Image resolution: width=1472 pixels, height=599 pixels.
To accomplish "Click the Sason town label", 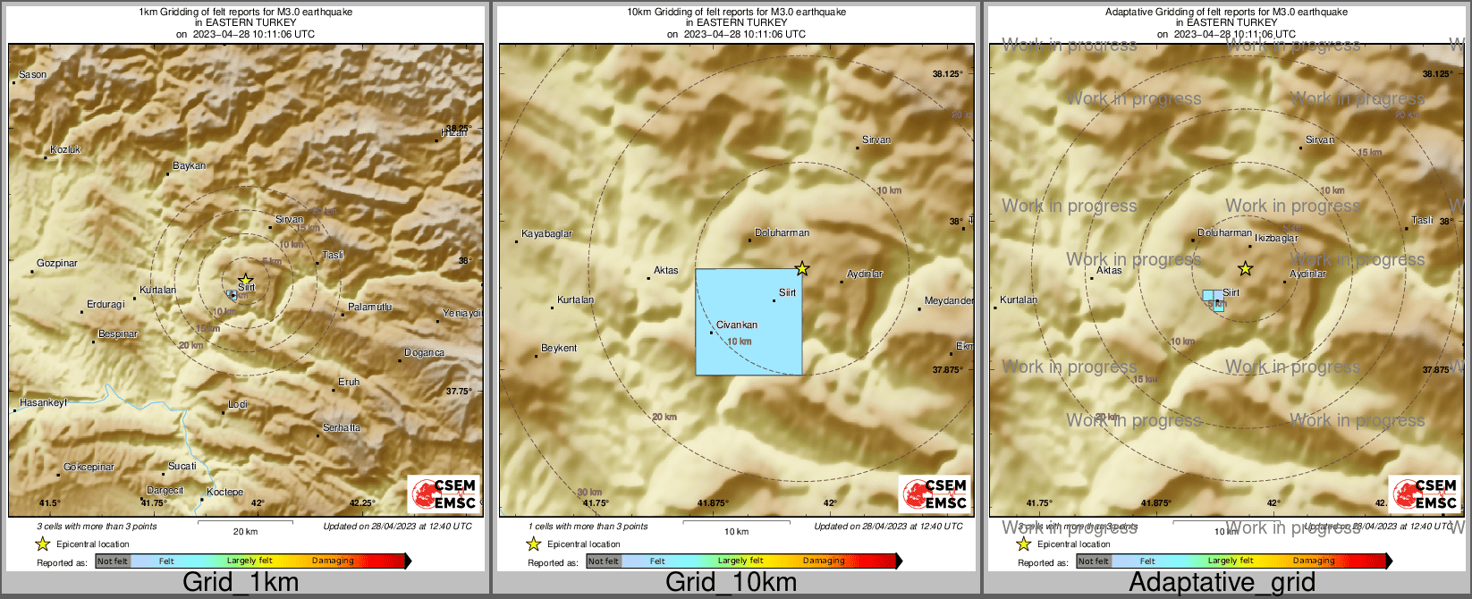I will coord(32,75).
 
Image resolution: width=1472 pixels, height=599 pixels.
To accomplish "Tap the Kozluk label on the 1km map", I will coord(65,150).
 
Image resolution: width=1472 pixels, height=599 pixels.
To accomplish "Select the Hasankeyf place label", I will coord(44,403).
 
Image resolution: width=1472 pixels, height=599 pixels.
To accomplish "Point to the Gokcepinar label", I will coord(89,468).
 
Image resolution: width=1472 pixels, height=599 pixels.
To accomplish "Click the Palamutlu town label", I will coord(369,308).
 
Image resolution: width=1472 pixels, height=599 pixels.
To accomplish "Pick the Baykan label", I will coord(190,166).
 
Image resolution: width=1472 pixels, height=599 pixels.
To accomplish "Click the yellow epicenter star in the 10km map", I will coord(802,268).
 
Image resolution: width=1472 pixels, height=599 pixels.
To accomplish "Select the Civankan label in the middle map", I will coord(737,325).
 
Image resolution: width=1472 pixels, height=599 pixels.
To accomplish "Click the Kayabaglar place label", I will coord(547,234).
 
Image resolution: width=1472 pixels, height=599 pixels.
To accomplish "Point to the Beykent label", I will coord(559,349).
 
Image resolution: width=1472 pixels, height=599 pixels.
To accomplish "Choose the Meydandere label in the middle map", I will coord(949,301).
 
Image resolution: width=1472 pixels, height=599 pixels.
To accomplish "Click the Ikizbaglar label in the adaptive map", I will coord(1276,239).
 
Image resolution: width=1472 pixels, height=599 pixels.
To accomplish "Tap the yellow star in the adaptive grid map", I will coord(1245,268).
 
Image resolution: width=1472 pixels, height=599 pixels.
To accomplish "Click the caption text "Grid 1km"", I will coord(241,583).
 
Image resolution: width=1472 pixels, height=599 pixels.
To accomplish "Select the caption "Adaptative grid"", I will coord(1222,583).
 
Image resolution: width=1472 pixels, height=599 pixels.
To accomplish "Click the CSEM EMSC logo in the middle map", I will coord(935,494).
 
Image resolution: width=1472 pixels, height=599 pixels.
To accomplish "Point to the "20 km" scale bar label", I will coord(245,532).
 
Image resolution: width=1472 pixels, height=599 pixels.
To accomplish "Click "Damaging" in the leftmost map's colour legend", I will coord(333,561).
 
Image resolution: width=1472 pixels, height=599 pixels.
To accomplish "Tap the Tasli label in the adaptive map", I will coord(1422,221).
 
